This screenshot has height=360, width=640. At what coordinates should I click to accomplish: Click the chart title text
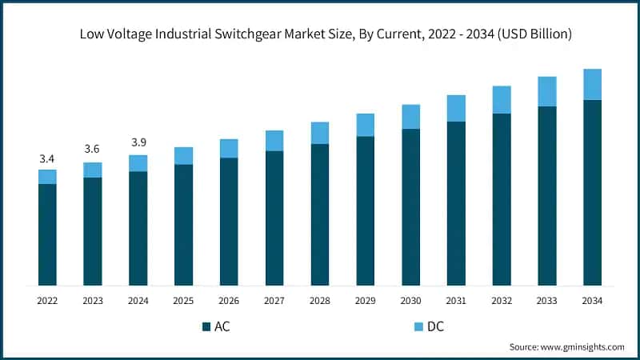tap(320, 34)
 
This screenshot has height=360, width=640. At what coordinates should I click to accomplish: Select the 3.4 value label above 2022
tap(47, 159)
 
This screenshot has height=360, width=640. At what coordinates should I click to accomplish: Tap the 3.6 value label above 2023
tap(93, 150)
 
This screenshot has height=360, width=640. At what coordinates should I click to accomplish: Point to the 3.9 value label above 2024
tap(138, 142)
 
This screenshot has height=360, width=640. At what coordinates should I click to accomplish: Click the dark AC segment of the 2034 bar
tap(592, 192)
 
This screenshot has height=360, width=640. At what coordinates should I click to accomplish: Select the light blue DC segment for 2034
tap(592, 84)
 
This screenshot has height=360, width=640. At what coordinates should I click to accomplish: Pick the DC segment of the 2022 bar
tap(47, 177)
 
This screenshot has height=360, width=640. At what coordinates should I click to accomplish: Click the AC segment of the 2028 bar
tap(320, 214)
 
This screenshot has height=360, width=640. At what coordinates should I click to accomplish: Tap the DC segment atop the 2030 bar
tap(411, 117)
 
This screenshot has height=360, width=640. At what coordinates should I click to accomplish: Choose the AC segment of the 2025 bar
tap(184, 225)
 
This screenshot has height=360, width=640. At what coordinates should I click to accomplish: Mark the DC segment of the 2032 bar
tap(502, 99)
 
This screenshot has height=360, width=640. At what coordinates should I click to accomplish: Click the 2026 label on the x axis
tap(229, 301)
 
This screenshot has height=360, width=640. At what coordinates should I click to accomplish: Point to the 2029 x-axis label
tap(366, 301)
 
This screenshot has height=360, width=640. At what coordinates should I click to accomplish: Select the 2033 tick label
tap(547, 301)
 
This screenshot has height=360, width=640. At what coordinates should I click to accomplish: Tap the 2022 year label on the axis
tap(47, 301)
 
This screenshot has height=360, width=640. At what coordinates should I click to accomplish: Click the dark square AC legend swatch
tap(206, 326)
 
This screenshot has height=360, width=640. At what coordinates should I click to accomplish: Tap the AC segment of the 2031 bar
tap(456, 203)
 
